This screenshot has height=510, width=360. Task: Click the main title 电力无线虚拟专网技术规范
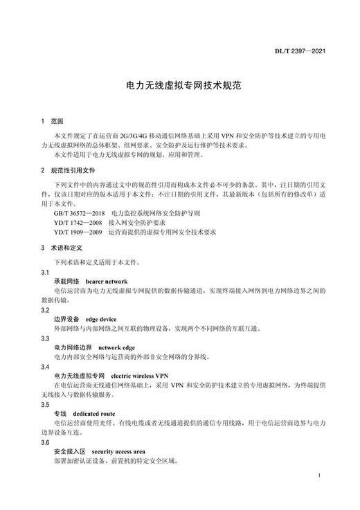[x=180, y=88]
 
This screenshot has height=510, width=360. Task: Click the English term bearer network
[x=107, y=283]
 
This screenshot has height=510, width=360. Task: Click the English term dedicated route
[x=96, y=413]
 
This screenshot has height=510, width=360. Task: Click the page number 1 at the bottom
[x=317, y=477]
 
